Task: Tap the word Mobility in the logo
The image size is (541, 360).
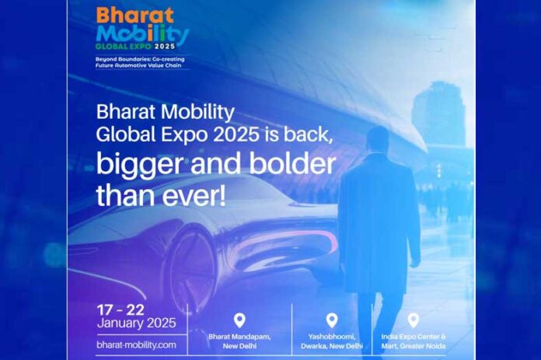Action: (x=143, y=34)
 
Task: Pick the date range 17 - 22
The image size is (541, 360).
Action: (x=120, y=310)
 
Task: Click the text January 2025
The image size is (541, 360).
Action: (x=137, y=323)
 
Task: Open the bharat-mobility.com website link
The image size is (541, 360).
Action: (x=137, y=344)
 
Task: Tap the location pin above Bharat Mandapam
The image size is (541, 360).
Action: (x=239, y=320)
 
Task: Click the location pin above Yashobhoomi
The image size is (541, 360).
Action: (x=332, y=320)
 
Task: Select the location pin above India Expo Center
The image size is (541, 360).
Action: (x=414, y=320)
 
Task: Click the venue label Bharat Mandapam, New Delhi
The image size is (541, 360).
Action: (x=239, y=341)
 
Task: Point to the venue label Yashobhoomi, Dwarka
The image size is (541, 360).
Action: (x=332, y=341)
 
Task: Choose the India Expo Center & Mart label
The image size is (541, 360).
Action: (x=414, y=341)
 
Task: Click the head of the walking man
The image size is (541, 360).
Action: (x=378, y=138)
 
